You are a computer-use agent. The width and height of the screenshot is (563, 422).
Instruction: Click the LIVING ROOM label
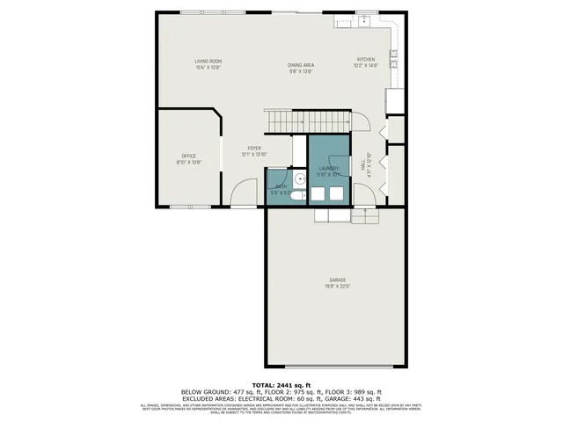[x=208, y=60]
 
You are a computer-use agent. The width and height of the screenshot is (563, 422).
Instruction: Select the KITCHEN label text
[x=365, y=60]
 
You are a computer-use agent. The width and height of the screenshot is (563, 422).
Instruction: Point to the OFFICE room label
[x=189, y=156]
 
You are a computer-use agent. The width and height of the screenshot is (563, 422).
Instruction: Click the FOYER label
[x=254, y=149]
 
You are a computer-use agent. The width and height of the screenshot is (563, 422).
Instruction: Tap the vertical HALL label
[x=363, y=164]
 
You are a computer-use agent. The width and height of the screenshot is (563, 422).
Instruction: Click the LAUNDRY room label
[x=328, y=168]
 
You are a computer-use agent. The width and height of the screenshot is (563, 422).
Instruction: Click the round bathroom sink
[x=300, y=178]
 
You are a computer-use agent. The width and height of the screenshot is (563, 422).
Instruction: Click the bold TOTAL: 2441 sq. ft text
[x=281, y=385]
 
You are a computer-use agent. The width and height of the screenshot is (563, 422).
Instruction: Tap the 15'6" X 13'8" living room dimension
[x=208, y=67]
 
